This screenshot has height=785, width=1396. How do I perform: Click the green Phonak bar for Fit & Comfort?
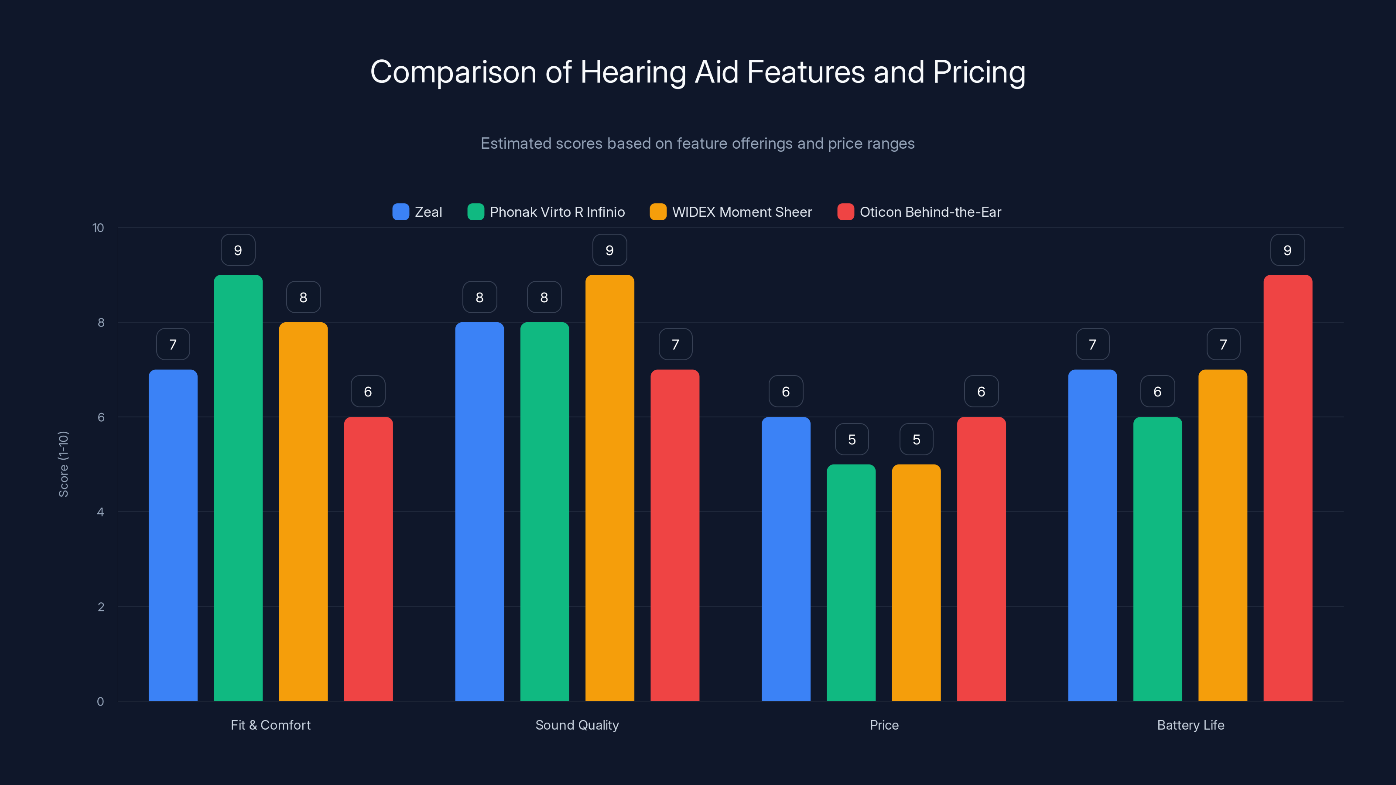[x=238, y=488]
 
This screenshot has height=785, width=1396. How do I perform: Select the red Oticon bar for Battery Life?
[x=1288, y=488]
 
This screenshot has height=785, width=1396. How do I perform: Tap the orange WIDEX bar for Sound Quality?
[x=610, y=488]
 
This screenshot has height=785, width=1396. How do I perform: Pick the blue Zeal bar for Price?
[x=786, y=558]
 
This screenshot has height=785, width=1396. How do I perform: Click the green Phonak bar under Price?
[x=851, y=582]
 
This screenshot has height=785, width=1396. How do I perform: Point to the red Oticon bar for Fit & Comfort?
[x=368, y=558]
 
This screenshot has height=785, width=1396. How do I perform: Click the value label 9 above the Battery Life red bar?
[x=1287, y=250]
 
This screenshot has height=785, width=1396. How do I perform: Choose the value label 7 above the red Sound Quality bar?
[x=675, y=345]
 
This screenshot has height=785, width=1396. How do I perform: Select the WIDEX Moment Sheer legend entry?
[x=731, y=212]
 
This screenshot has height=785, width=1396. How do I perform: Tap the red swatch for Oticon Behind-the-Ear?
[x=845, y=212]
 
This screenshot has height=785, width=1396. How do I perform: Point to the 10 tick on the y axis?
[x=98, y=228]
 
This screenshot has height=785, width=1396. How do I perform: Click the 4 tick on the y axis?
[x=100, y=512]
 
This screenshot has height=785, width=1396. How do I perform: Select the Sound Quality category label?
[x=577, y=725]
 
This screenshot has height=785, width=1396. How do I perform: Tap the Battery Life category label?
[x=1190, y=725]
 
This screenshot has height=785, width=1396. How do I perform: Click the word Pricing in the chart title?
[x=979, y=72]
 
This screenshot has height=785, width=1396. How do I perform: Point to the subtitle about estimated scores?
[x=698, y=143]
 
